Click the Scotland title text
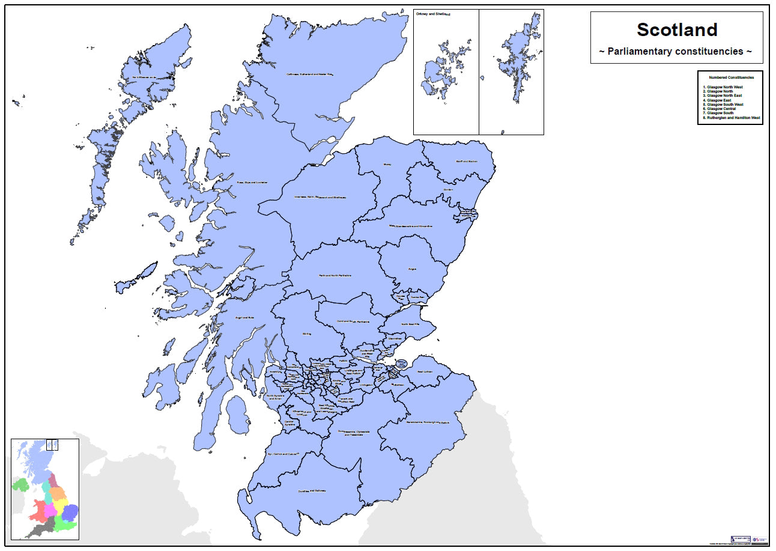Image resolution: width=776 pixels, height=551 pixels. pos(677,29)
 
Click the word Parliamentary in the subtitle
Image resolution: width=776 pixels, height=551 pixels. pos(644,52)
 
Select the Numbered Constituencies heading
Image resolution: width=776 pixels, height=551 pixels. pos(730,78)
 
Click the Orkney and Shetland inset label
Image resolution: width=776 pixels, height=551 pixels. pos(432,13)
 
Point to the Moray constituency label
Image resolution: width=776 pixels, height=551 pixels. pos(387,163)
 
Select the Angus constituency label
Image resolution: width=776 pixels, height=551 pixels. pos(412,269)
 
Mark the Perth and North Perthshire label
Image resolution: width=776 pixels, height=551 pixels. pos(335,276)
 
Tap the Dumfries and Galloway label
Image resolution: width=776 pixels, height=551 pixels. pos(312,491)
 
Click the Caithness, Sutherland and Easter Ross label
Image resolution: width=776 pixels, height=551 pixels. pos(309,75)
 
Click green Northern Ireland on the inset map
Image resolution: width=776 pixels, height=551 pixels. pos(20,485)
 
